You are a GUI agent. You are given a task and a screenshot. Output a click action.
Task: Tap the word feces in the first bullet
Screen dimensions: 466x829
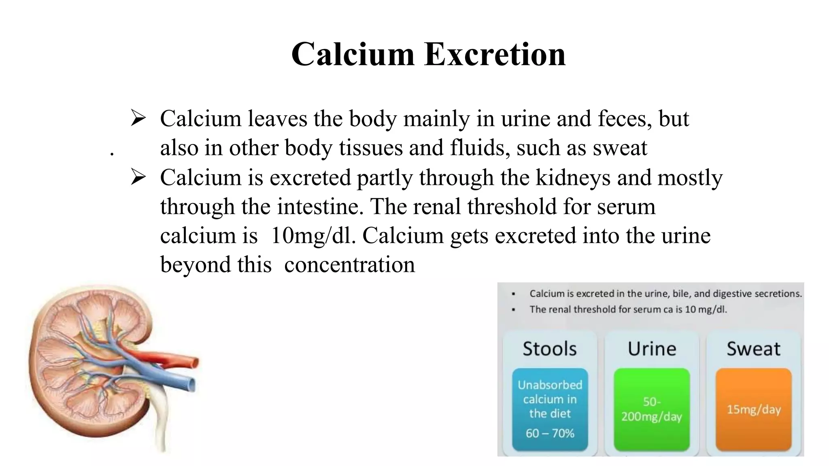(624, 119)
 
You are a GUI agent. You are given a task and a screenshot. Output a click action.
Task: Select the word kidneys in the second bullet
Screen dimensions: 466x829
(573, 178)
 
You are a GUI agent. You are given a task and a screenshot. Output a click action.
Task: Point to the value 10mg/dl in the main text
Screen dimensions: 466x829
(313, 236)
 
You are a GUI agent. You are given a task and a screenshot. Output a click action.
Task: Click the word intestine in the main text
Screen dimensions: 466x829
(318, 207)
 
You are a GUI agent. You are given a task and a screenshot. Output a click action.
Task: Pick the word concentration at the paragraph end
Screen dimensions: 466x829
(349, 265)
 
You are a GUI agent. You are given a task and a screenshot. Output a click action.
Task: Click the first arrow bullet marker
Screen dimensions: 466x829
(138, 119)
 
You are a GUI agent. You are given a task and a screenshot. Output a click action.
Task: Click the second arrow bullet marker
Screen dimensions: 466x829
(138, 178)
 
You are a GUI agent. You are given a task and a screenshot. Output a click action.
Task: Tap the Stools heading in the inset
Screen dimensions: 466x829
(549, 349)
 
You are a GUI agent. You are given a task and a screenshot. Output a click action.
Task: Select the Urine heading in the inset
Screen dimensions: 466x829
(652, 349)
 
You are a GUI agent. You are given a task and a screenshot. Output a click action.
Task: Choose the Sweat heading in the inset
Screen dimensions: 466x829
(753, 349)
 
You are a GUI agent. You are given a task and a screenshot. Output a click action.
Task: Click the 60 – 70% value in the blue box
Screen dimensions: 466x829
(550, 433)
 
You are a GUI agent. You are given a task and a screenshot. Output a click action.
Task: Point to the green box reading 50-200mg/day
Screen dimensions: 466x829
(652, 409)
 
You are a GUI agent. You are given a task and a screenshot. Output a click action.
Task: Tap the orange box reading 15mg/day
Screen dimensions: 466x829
(754, 409)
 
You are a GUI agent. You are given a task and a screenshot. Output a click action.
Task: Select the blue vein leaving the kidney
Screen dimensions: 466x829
(178, 381)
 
